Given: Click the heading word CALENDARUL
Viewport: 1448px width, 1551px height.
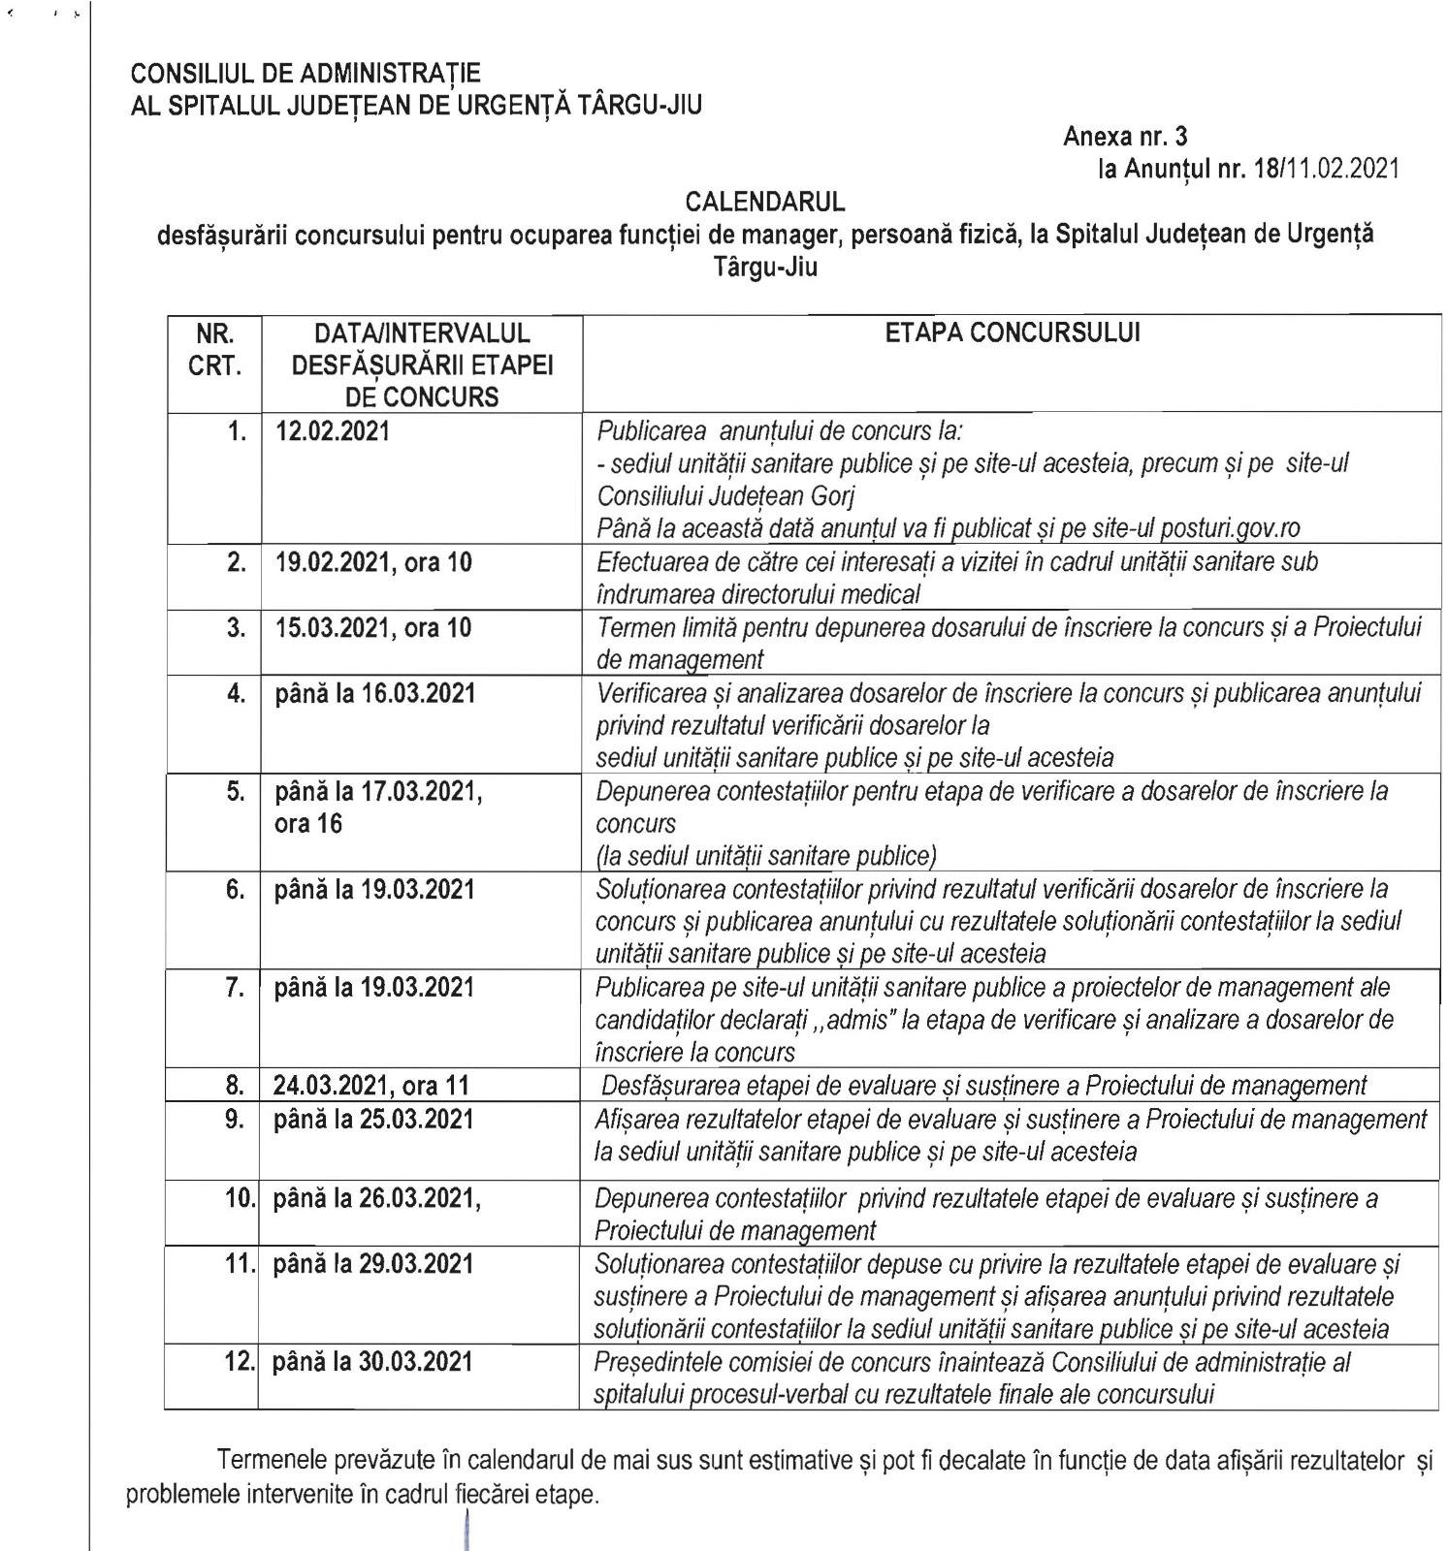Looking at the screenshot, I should [765, 202].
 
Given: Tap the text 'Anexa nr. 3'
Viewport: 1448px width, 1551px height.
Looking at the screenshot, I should [1125, 137].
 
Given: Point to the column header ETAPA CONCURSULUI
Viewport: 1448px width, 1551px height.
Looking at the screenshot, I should [1013, 332].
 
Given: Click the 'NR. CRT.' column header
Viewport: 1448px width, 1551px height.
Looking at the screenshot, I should [214, 350].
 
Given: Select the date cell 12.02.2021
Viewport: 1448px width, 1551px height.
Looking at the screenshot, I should [333, 430].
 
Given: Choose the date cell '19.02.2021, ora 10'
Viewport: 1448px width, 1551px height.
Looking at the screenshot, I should [373, 561].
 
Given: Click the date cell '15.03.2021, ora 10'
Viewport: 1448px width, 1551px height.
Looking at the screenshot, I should [373, 627].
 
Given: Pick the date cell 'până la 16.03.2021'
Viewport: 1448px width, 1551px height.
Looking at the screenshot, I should [375, 693].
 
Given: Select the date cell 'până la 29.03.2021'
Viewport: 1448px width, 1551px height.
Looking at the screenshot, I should [373, 1264].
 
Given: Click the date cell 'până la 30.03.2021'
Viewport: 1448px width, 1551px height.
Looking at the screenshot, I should [373, 1361].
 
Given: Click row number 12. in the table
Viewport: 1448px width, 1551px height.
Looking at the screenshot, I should [239, 1361].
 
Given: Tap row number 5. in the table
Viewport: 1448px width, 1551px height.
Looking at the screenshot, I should [236, 791].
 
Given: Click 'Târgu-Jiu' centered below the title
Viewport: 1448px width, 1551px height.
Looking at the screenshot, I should [765, 267].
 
